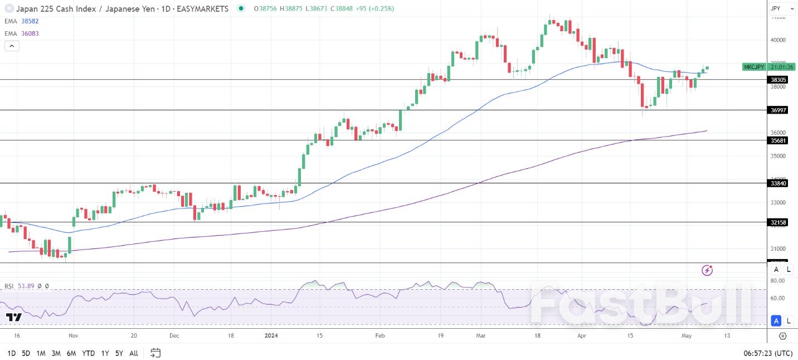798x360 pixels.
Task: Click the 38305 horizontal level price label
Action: [778, 80]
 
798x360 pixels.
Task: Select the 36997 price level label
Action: [778, 110]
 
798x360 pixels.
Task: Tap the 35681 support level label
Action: [778, 140]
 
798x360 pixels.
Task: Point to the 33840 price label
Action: [778, 183]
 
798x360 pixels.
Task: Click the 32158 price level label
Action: [778, 222]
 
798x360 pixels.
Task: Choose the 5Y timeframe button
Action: [119, 353]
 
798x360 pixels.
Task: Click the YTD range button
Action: [88, 353]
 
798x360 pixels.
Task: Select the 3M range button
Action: [56, 353]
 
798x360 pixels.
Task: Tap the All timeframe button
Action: [134, 353]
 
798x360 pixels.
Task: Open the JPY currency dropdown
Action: [782, 8]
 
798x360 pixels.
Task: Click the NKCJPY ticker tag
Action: [753, 67]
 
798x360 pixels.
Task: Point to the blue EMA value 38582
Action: [30, 21]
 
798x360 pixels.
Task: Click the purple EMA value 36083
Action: [30, 33]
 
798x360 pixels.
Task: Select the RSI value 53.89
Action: [26, 286]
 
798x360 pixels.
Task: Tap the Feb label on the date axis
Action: [380, 336]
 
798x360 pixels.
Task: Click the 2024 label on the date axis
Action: [271, 336]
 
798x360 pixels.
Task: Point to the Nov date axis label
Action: [73, 336]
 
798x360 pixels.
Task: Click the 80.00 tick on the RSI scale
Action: [778, 281]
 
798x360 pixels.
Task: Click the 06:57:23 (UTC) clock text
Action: [768, 353]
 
